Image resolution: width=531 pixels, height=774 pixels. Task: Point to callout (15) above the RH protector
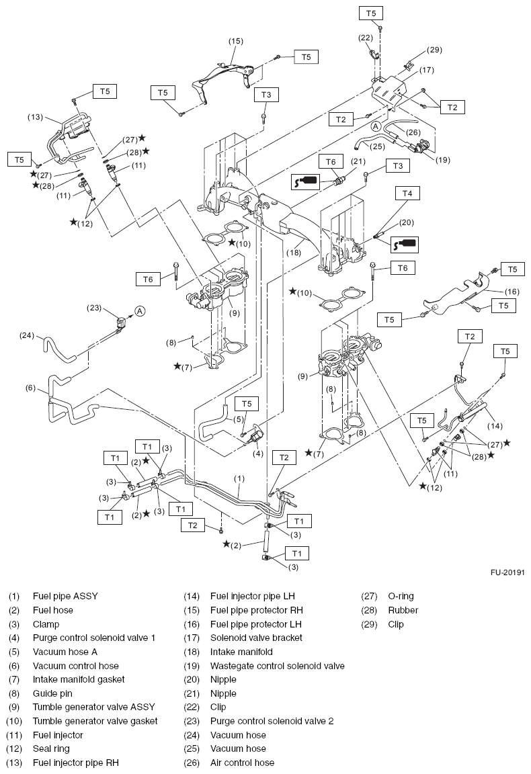tap(235, 42)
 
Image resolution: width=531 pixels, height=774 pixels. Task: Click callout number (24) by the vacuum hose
tap(26, 336)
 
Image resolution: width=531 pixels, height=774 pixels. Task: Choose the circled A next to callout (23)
tap(140, 310)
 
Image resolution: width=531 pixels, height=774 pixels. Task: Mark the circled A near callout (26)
tap(375, 126)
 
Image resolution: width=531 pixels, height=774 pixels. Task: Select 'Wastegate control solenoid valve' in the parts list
tap(277, 665)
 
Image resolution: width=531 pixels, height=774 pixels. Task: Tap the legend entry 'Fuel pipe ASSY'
tap(65, 596)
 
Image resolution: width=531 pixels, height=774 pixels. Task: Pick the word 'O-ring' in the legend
tap(401, 596)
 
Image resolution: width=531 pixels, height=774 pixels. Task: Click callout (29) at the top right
tap(435, 50)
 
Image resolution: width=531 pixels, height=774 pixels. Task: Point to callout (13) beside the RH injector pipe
tap(35, 117)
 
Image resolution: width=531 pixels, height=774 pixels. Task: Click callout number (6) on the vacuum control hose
tap(30, 388)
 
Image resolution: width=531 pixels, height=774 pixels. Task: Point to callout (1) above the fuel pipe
tap(239, 479)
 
